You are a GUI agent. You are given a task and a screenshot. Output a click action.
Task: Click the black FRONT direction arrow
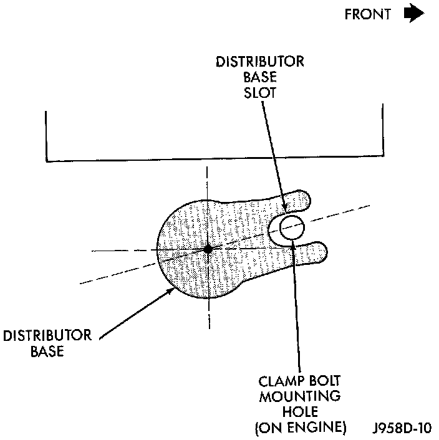[413, 14]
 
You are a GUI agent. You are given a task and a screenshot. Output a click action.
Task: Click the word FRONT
[368, 14]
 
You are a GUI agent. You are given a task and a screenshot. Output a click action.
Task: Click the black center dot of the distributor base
[208, 249]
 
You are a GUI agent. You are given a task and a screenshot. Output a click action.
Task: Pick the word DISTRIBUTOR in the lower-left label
[47, 336]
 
